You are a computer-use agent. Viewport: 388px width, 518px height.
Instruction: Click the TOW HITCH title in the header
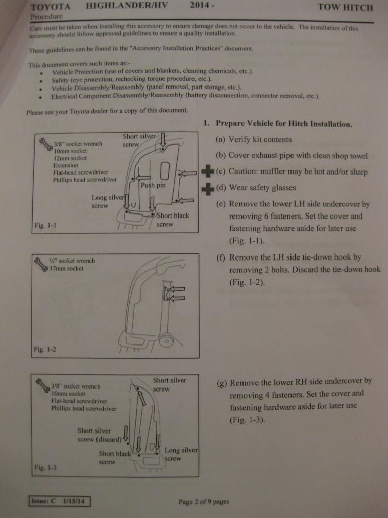pos(346,8)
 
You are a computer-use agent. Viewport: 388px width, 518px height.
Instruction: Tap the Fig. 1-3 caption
pos(45,468)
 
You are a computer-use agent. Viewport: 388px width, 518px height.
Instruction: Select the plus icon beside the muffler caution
pos(207,171)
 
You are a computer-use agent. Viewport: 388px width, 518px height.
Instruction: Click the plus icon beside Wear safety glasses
pos(207,189)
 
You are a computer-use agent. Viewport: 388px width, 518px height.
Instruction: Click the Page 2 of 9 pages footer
pos(204,502)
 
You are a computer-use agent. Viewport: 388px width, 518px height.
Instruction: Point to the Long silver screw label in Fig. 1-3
pos(180,454)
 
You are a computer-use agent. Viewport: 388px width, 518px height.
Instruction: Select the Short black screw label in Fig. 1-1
pos(173,220)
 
